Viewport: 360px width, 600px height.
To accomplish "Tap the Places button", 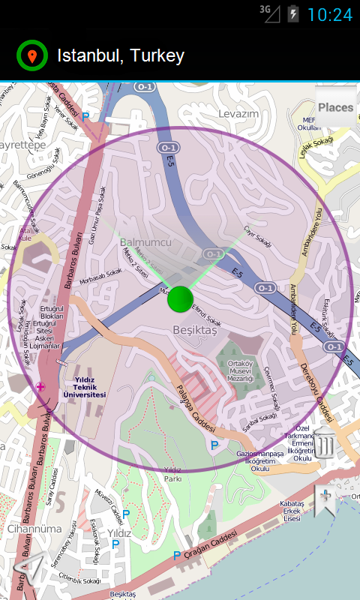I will pos(335,107).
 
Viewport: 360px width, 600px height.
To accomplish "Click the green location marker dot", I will pos(181,298).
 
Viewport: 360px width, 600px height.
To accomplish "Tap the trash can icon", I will pos(324,444).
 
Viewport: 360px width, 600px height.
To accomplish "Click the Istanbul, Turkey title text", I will pos(121,55).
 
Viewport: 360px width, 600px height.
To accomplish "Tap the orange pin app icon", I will pos(31,55).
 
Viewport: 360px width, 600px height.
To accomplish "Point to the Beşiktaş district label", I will pos(194,330).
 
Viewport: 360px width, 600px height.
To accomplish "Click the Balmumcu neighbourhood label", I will pos(145,242).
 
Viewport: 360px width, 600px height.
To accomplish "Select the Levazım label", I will pos(238,113).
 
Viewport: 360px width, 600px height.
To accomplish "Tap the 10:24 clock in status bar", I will pos(329,14).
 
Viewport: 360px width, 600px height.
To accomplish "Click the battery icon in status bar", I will pos(292,13).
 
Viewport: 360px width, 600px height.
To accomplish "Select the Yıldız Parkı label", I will pos(172,473).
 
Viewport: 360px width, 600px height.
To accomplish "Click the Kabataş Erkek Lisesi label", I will pos(291,510).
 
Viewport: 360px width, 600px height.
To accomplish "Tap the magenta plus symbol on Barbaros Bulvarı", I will pos(40,386).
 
